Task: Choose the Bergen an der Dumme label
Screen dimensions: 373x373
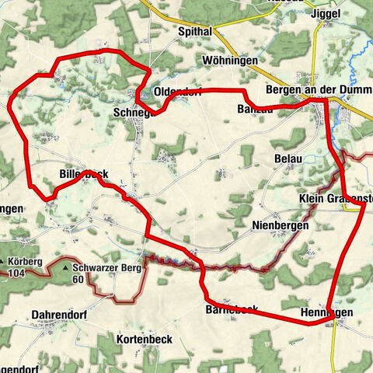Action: pos(319,90)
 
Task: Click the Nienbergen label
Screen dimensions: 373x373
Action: pos(281,225)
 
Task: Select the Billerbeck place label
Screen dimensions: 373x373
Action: pos(83,174)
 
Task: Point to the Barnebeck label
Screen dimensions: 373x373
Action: pos(231,309)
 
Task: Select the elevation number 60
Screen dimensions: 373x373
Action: pos(78,279)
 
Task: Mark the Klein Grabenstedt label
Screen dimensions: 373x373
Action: pos(336,198)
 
